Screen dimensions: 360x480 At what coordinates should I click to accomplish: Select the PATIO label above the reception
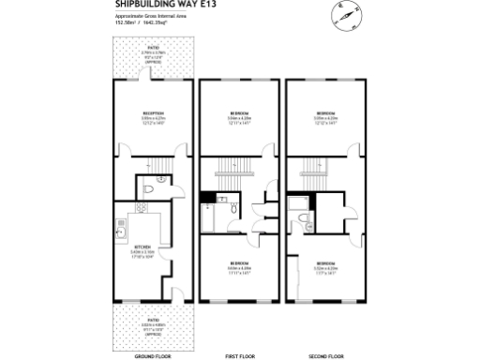click(148, 51)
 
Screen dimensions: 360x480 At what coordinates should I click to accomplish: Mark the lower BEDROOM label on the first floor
click(240, 262)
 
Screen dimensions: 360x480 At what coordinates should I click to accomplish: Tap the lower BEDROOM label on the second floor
click(325, 262)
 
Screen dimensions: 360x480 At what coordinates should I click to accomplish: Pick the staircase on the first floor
click(233, 169)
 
